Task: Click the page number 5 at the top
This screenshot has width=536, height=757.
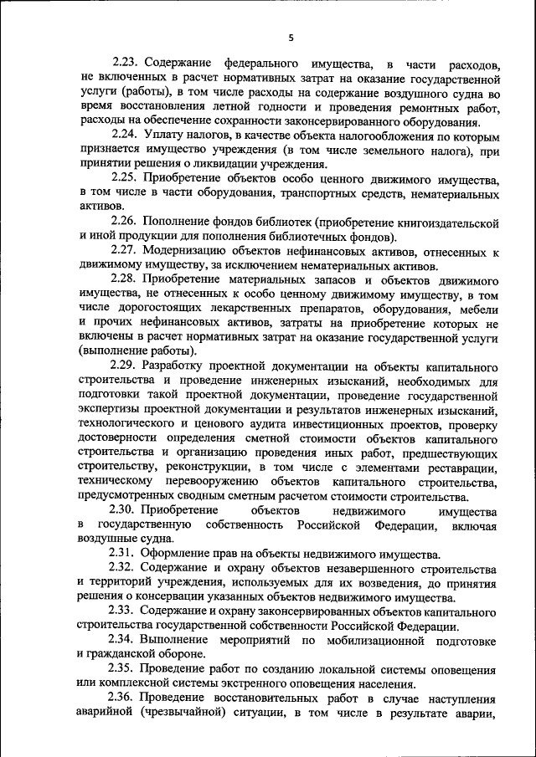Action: tap(290, 37)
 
